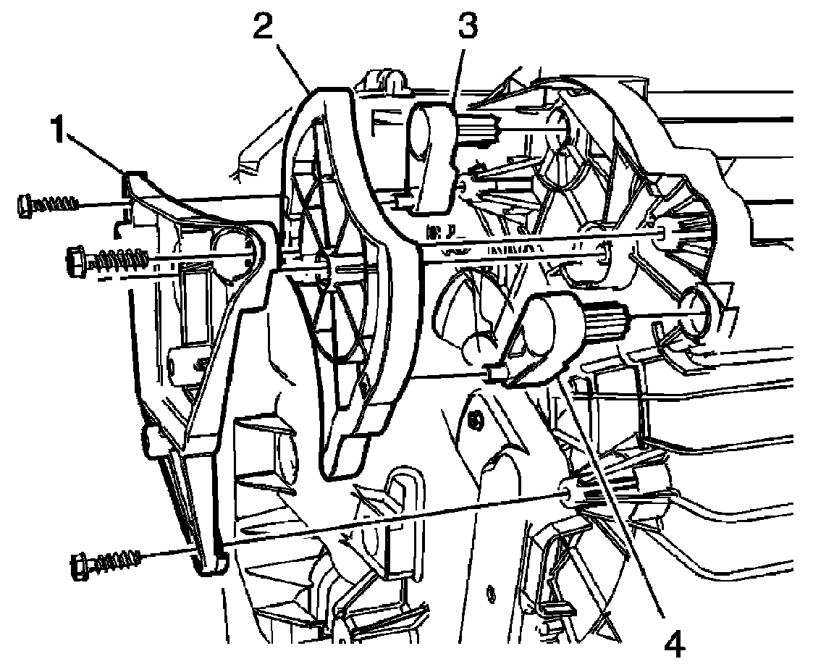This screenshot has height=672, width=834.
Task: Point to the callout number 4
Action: [673, 643]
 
